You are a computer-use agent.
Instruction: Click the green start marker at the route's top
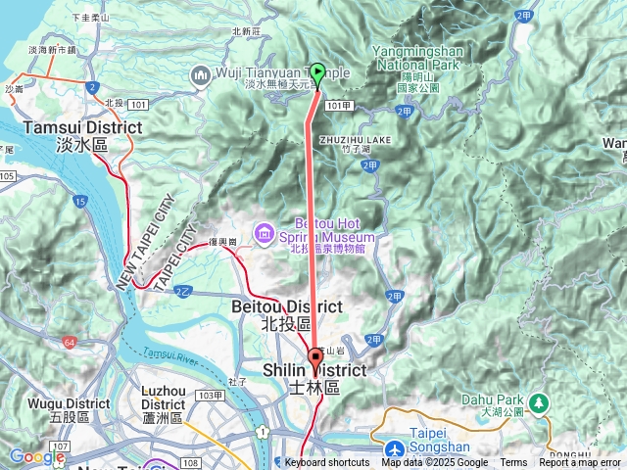coord(316,73)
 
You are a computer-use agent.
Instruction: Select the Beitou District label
coord(286,314)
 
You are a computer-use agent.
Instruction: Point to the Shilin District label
coord(314,379)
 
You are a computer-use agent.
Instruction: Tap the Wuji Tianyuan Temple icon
coord(201,74)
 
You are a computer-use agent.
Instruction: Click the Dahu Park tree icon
coord(538,402)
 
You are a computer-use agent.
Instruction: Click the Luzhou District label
coord(163,403)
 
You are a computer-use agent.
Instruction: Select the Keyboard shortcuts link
coord(327,463)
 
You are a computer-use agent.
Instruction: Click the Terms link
coord(513,463)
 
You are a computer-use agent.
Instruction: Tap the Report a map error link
coord(580,463)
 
